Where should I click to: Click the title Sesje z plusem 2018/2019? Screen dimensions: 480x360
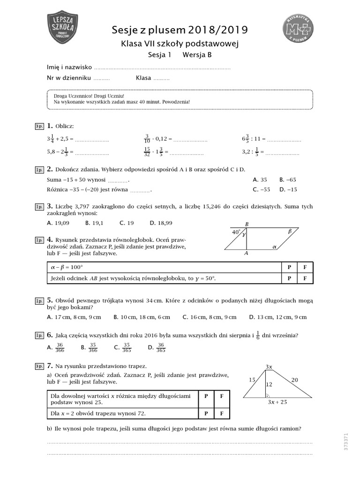[180, 31]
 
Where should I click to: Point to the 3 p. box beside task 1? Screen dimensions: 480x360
[39, 127]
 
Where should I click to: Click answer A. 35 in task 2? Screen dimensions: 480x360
[260, 180]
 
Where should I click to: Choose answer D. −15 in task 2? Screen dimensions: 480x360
[288, 190]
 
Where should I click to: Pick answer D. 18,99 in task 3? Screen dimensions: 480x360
[161, 223]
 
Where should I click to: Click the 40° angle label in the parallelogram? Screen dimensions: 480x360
[236, 232]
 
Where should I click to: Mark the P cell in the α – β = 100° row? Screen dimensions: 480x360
[289, 267]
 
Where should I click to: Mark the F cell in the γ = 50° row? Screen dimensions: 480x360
[305, 278]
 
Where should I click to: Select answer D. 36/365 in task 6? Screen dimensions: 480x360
[157, 347]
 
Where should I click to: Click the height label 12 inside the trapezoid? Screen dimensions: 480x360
[269, 384]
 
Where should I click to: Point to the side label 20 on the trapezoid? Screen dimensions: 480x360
[294, 380]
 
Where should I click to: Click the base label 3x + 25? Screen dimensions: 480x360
[277, 402]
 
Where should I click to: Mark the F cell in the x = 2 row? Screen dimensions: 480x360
[222, 413]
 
